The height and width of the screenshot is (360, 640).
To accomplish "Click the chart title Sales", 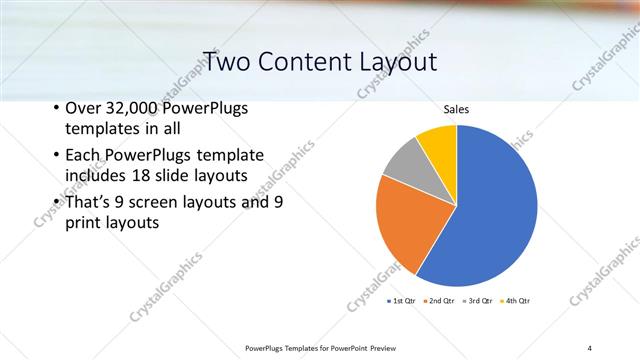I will point(456,110).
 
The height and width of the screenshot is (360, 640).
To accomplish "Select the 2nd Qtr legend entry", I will point(440,300).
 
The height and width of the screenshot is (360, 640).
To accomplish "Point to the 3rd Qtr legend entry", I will point(479,300).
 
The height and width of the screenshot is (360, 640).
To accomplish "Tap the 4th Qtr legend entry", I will point(516,300).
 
